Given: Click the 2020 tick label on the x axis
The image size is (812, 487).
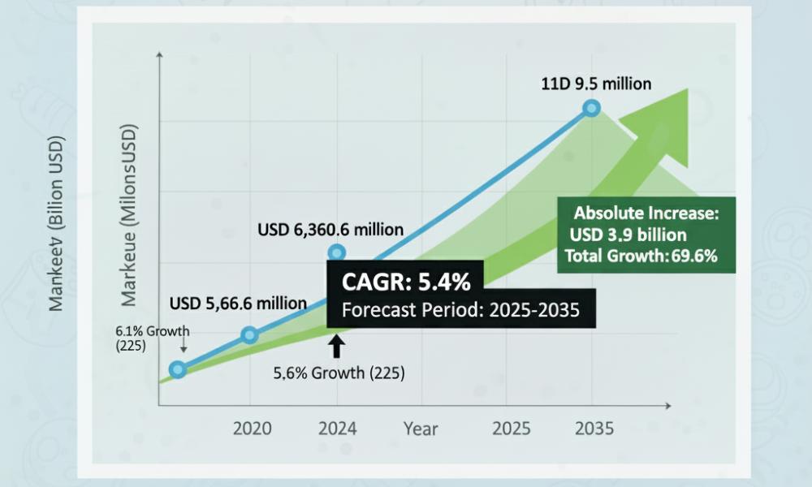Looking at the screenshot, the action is pos(253,429).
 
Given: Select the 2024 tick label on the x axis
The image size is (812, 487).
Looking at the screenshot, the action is pos(338,429).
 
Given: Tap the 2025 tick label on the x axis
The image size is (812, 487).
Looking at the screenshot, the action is pos(511,429).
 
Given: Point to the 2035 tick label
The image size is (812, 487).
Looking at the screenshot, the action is pos(594,429).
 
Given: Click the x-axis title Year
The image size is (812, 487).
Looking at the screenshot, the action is pos(421,429).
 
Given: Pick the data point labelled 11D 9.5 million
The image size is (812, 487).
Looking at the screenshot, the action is pos(591,108).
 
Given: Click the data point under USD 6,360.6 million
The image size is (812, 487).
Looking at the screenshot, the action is pos(337,253).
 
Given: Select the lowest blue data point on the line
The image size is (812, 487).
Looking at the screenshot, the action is pos(178,369).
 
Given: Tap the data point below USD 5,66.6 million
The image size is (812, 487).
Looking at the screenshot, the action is pos(249,335).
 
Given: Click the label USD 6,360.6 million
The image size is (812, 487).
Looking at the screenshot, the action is pos(330,229).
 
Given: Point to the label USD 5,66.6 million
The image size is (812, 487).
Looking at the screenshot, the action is pos(238,303).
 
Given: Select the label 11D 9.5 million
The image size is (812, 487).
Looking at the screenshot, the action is pos(596,84).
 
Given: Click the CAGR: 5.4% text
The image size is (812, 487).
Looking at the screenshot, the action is pos(406,282).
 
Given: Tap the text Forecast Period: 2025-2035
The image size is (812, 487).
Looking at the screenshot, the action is pos(460,310).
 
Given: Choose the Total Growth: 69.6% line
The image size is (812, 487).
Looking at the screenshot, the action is pos(641,256).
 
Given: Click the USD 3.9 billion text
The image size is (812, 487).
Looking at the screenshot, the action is pos(628,235).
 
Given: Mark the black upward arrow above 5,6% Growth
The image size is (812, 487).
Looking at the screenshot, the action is pos(337,347).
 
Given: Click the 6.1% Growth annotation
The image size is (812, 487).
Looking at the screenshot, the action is pos(153,338).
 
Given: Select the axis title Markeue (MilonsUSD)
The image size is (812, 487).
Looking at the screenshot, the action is pos(128,215).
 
